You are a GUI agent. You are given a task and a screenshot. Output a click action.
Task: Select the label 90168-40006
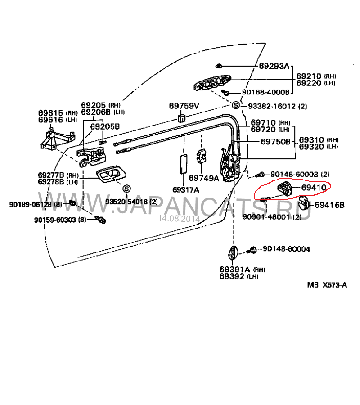265,92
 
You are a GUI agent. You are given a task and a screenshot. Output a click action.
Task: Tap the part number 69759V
184,106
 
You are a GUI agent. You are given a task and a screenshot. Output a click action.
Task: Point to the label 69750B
276,141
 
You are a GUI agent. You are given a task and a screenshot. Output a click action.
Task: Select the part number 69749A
203,178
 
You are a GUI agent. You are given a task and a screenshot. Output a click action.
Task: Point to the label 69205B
105,126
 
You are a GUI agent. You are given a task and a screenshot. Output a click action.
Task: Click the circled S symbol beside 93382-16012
235,106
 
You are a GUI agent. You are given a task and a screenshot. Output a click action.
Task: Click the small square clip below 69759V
182,118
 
